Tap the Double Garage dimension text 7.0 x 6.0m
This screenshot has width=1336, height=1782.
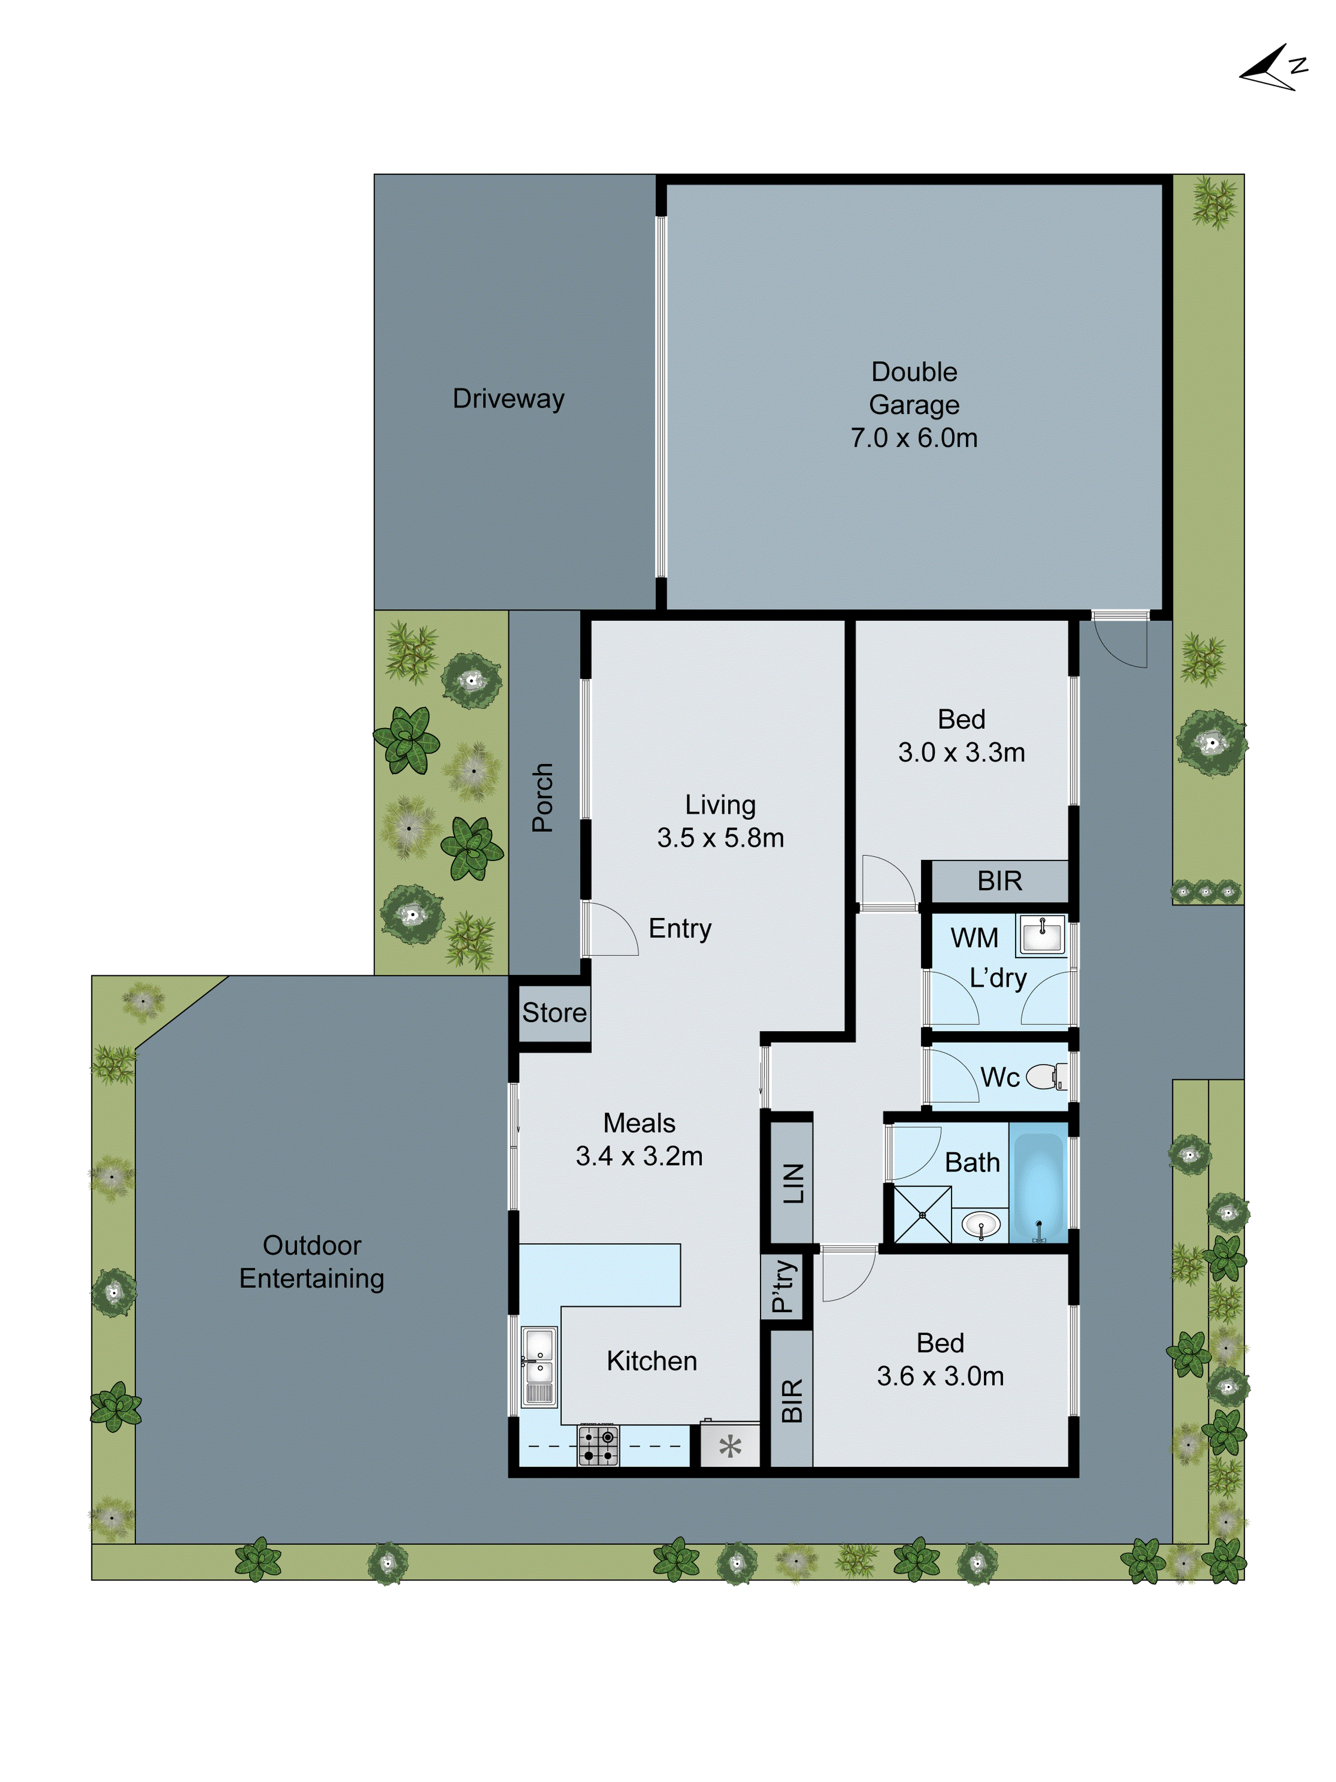pyautogui.click(x=913, y=438)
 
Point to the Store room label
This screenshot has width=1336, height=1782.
pyautogui.click(x=554, y=1012)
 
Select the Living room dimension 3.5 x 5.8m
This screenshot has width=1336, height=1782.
pyautogui.click(x=720, y=838)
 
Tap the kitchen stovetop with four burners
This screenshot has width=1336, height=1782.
pyautogui.click(x=599, y=1445)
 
